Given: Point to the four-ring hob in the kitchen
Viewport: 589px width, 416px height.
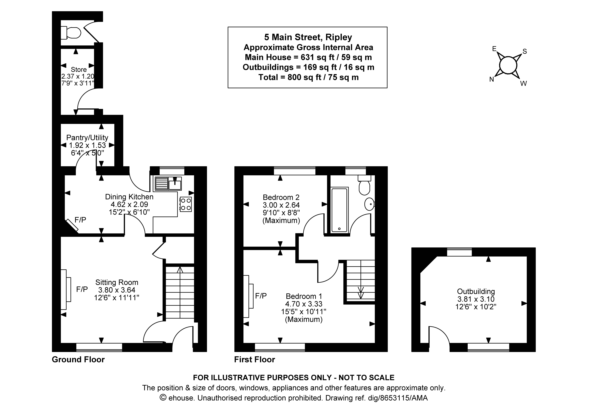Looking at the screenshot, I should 185,204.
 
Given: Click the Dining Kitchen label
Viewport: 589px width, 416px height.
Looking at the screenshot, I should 129,197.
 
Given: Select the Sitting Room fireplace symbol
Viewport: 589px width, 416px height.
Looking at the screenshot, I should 66,289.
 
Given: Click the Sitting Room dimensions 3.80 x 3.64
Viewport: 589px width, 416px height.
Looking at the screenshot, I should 117,290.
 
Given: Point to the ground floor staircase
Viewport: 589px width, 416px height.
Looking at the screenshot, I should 180,292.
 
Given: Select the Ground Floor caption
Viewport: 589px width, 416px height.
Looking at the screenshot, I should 78,360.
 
